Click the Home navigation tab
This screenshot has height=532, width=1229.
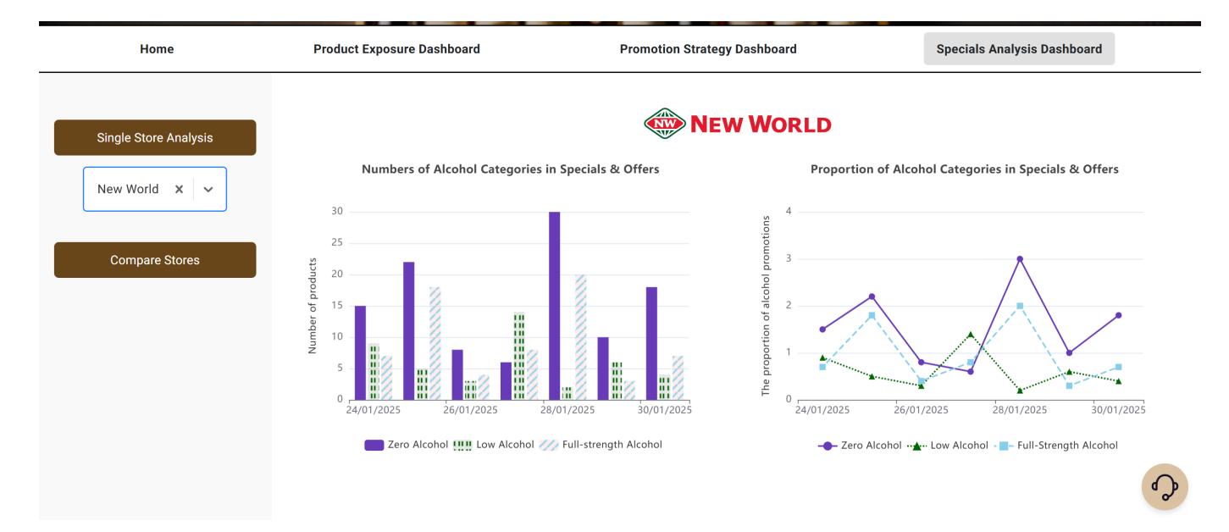point(157,49)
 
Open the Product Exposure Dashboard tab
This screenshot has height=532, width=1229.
point(396,49)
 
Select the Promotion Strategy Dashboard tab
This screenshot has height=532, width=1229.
point(708,49)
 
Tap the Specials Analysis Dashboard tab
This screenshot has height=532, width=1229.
point(1019,49)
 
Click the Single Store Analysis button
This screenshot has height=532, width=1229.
point(155,137)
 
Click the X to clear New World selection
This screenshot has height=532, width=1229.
point(179,190)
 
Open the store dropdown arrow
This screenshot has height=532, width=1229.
point(208,190)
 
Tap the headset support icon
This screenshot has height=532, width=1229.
point(1165,487)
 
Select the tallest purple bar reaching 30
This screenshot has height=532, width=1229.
point(555,305)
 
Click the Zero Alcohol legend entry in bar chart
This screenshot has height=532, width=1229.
point(407,445)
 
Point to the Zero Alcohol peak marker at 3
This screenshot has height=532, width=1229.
point(1020,258)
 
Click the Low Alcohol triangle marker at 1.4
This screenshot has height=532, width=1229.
point(971,334)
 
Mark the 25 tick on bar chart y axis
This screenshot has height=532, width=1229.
point(337,243)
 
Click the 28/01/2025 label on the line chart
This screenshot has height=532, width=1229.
point(1020,410)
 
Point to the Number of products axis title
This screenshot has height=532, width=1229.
point(313,305)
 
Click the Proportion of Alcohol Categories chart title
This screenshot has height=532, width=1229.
point(964,169)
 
